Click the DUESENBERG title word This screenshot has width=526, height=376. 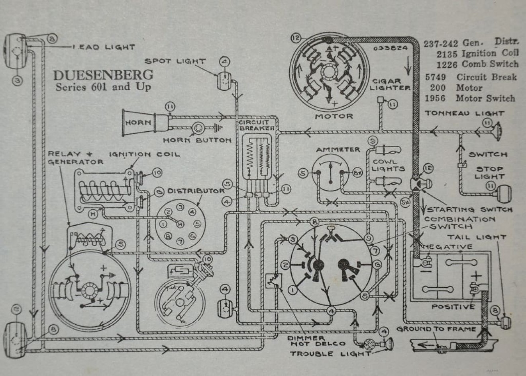pos(103,75)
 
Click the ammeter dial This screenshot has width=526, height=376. pos(330,173)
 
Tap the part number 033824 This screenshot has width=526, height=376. pos(391,48)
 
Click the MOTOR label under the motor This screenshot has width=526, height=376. pos(334,116)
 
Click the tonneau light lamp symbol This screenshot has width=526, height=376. pos(497,131)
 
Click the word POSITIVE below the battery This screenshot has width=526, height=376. pos(453,307)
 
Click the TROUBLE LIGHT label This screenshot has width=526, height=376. pos(330,354)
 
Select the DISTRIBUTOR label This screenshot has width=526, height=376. pos(196,191)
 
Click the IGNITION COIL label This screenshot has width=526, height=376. pos(144,154)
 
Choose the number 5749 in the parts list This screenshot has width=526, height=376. pos(435,77)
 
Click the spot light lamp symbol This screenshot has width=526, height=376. pos(224,81)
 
